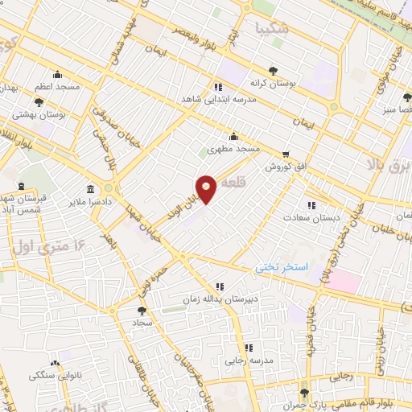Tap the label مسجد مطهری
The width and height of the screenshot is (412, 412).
[x=233, y=149]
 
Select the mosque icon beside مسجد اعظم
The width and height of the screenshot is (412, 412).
[x=56, y=76]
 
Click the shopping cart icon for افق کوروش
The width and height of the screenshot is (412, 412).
[x=285, y=154]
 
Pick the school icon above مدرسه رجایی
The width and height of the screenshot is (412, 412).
[x=249, y=348]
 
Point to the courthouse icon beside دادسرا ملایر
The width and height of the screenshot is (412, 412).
[x=89, y=192]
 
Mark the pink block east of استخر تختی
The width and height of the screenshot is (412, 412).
[x=341, y=282]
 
